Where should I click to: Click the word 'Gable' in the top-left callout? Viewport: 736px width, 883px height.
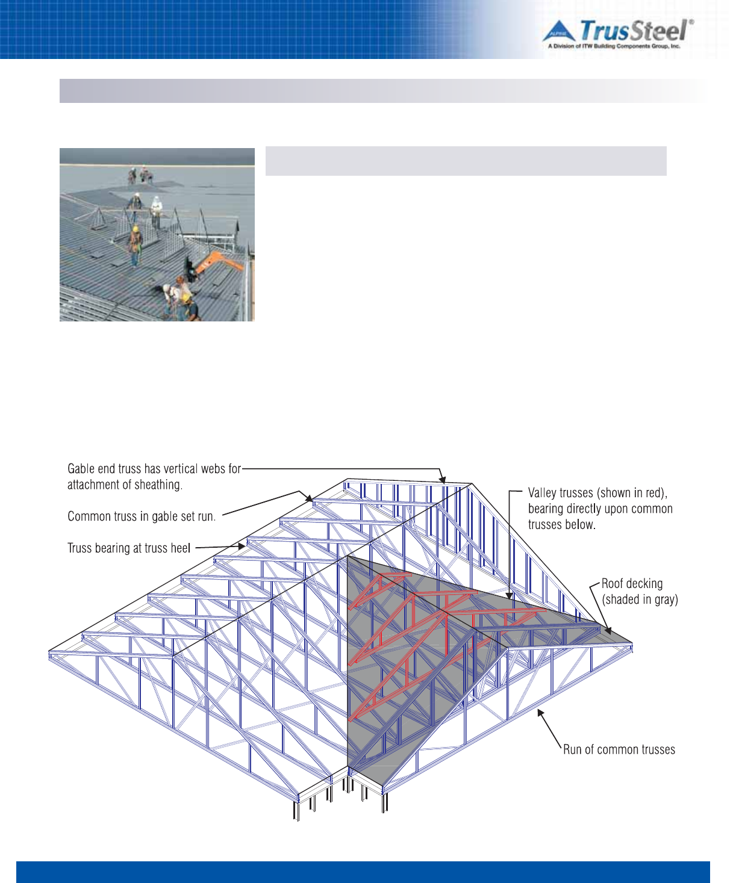coord(82,469)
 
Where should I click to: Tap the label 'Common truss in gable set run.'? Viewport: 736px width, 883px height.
coord(142,516)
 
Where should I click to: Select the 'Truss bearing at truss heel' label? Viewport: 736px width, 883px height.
coord(129,548)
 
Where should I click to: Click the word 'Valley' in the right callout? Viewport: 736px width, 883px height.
coord(542,493)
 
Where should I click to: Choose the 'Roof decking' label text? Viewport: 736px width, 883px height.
coord(632,584)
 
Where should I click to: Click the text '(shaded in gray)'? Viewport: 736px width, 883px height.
coord(640,600)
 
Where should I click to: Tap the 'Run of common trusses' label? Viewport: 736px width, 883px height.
coord(619,750)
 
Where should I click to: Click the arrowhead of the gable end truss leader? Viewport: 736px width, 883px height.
coord(444,480)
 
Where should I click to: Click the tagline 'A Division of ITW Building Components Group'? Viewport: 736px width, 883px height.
coord(614,46)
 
